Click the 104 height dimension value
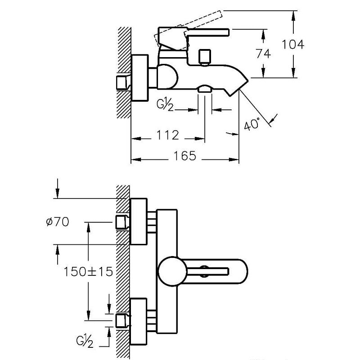pos(293,44)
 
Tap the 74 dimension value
pos(263,53)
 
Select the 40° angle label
pos(252,123)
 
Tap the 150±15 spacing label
pos(88,271)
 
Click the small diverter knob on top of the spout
pos(205,56)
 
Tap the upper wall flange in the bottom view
pos(139,222)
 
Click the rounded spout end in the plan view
pos(241,271)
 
